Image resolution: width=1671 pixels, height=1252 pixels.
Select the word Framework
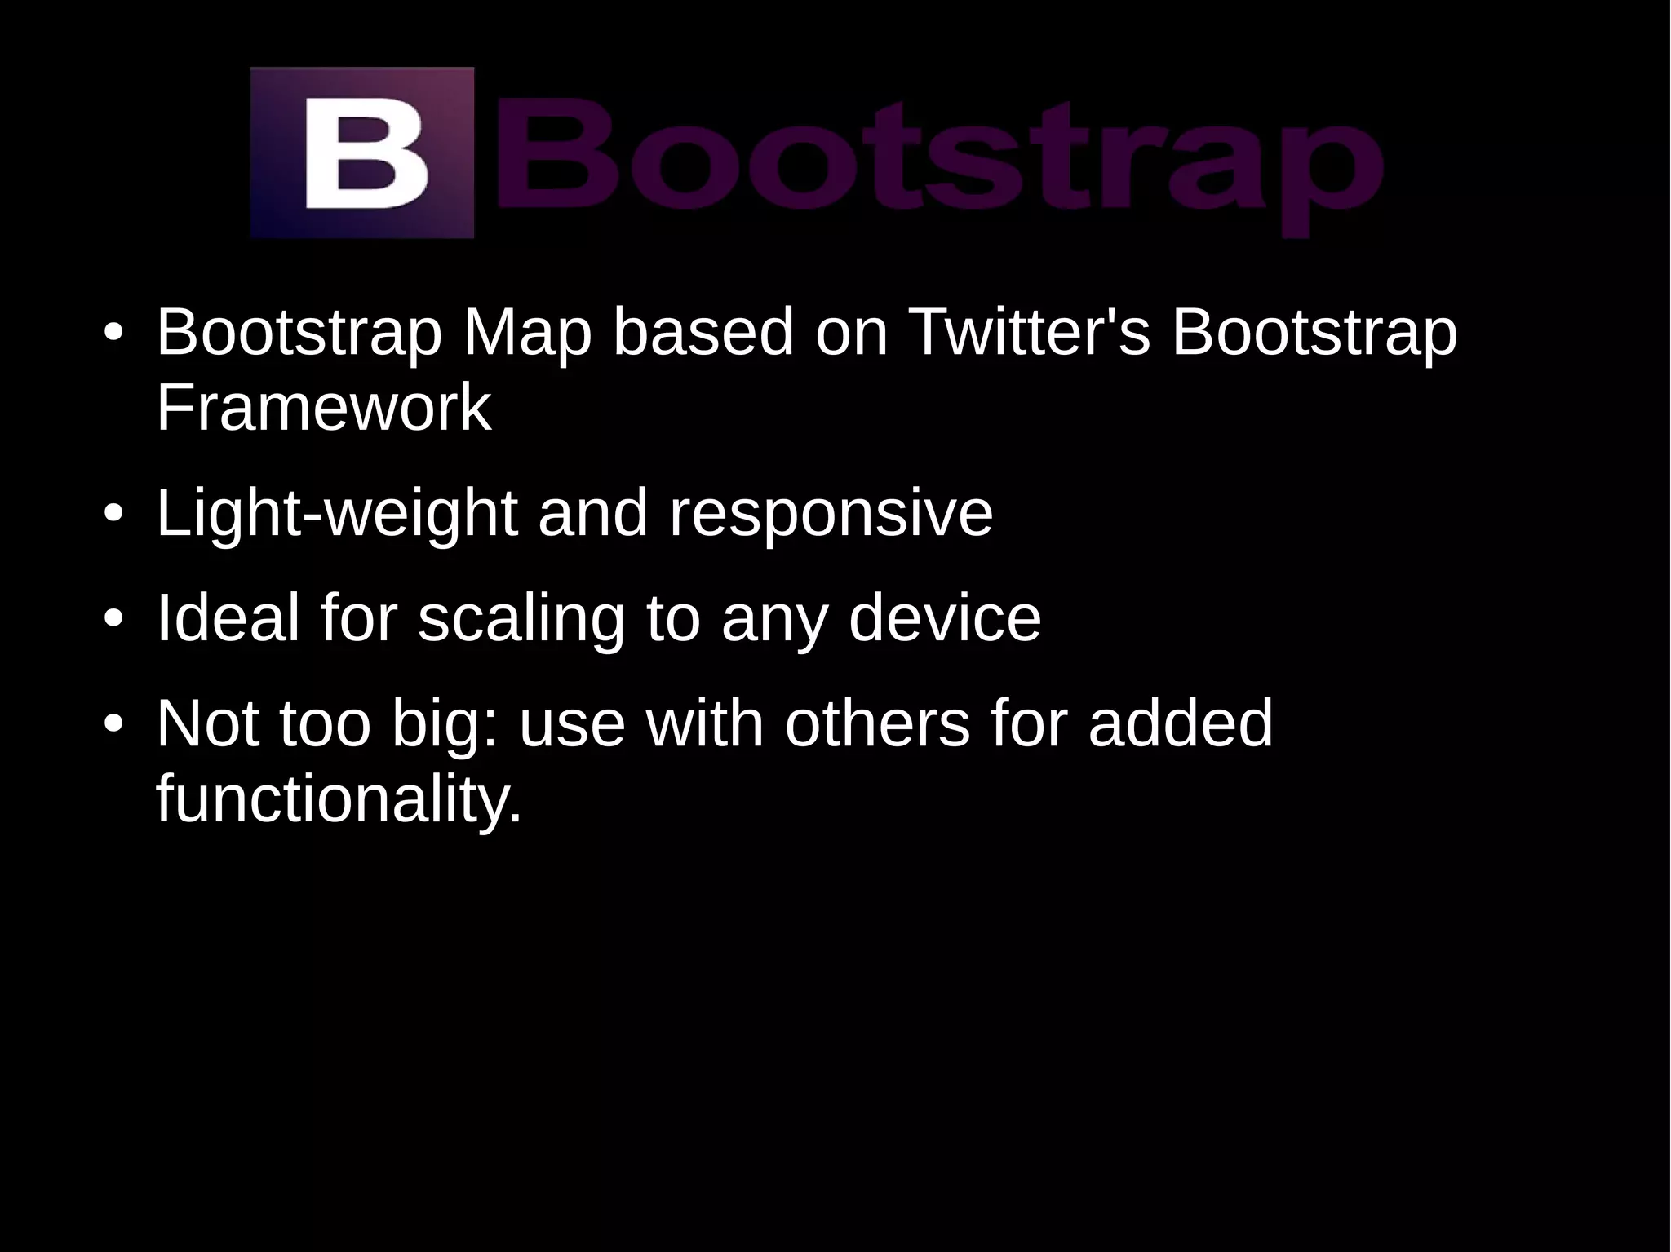coord(323,408)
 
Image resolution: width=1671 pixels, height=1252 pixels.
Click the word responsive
coord(830,514)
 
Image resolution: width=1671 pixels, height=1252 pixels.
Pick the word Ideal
coord(228,617)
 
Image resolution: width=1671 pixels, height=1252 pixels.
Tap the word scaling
coord(521,617)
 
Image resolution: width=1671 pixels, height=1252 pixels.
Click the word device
coord(944,617)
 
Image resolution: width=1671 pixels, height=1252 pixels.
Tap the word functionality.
coord(338,799)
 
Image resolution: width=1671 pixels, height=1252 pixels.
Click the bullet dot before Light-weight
coord(113,515)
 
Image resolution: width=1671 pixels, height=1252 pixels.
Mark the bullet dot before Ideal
coord(113,619)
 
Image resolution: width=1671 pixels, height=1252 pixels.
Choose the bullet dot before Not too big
coord(113,724)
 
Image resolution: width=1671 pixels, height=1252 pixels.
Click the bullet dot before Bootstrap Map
coord(113,334)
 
